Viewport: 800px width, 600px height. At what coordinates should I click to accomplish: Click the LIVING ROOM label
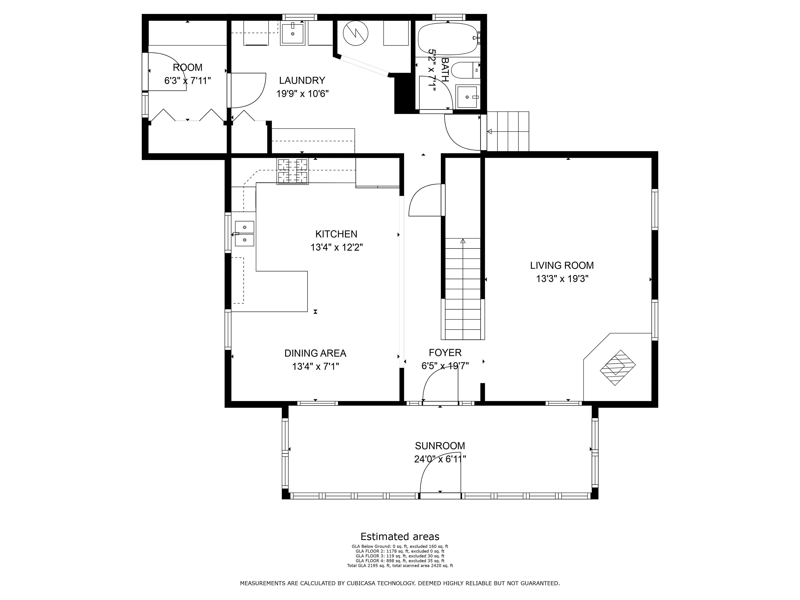point(562,265)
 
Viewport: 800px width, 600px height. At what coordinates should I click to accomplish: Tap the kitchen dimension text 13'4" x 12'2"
point(336,247)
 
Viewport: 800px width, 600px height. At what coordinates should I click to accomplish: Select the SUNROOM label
point(440,446)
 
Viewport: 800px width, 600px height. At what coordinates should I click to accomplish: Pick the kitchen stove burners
point(292,171)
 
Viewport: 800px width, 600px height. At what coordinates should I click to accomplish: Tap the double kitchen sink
point(245,234)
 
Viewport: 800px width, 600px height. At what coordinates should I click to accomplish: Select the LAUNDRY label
point(302,80)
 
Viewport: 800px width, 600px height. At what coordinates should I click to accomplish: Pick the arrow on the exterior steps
point(490,132)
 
